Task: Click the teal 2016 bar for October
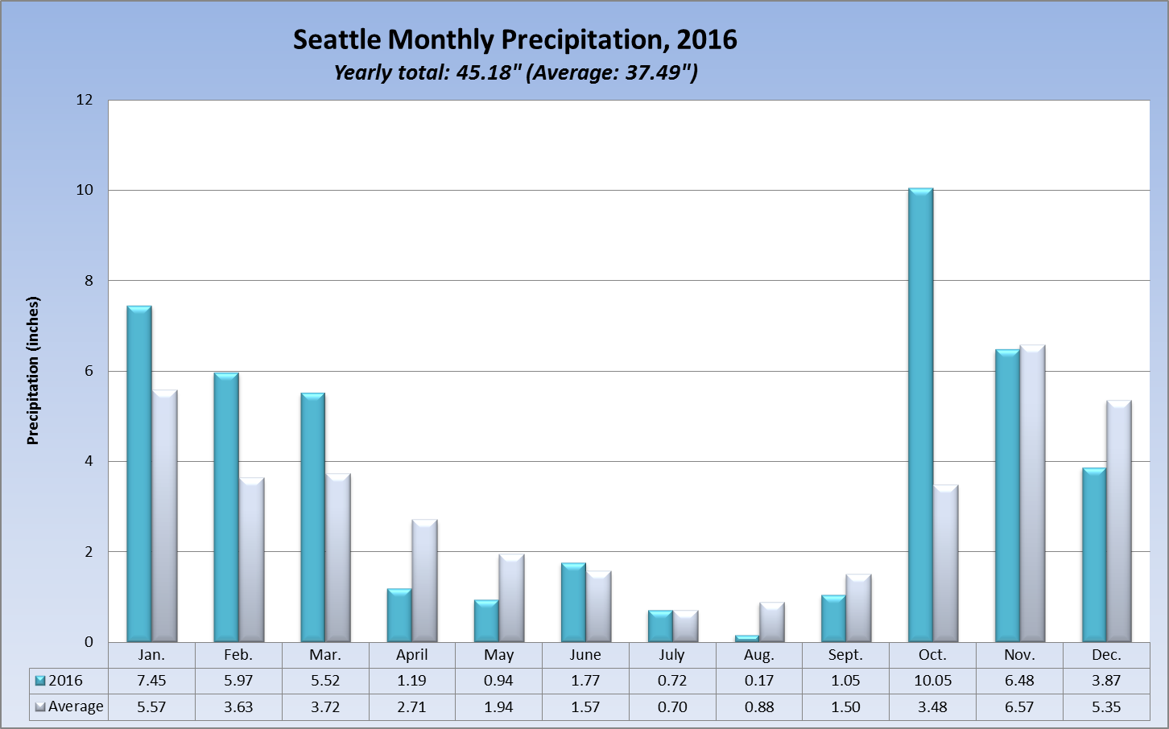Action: pos(920,415)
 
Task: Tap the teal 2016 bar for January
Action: pos(138,474)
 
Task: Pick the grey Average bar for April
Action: pos(424,581)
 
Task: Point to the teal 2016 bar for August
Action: pos(746,638)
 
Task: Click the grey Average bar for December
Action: pos(1119,521)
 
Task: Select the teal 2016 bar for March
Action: pos(312,517)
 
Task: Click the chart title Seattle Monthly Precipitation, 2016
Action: pos(514,39)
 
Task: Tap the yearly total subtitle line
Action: pos(515,72)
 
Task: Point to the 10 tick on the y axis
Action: pos(85,190)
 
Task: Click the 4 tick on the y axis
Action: pos(89,461)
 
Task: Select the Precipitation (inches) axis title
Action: pos(33,371)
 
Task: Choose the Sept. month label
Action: pos(845,655)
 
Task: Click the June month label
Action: pos(585,655)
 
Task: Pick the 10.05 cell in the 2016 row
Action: pos(932,681)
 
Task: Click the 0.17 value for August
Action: pos(758,681)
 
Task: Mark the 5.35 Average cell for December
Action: pos(1106,706)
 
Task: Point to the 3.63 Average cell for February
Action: pos(238,706)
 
